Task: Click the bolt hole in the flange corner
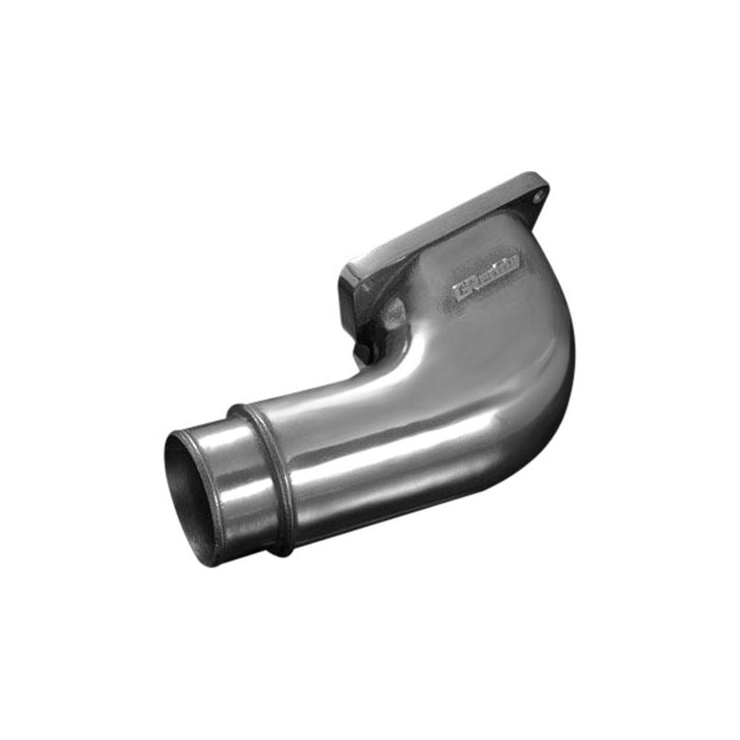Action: pos(538,196)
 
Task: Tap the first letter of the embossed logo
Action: pos(460,293)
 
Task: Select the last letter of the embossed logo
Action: pos(515,263)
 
